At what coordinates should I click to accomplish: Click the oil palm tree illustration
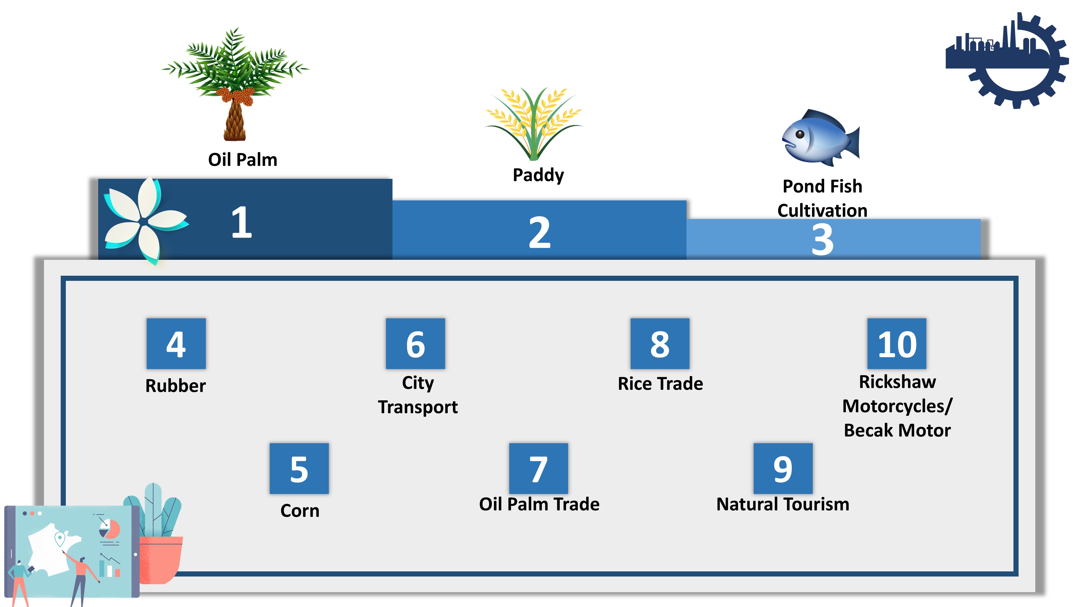click(235, 84)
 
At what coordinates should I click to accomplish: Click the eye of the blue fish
click(800, 134)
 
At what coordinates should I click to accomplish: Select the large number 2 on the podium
click(539, 233)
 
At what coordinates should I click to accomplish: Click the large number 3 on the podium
click(822, 239)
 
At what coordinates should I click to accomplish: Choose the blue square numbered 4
click(176, 343)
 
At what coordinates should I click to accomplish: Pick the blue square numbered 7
click(539, 468)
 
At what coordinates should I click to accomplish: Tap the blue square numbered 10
click(897, 343)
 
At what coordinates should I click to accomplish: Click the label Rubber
click(176, 386)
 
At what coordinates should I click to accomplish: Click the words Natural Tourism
click(783, 504)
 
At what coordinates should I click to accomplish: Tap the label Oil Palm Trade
click(539, 504)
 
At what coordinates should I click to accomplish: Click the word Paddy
click(538, 175)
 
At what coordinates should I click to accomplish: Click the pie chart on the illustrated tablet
click(110, 529)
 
